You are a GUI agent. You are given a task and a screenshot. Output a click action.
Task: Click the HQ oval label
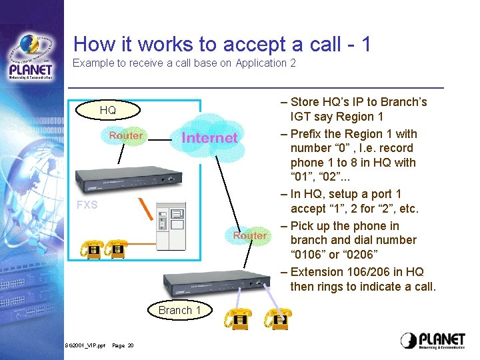(x=108, y=110)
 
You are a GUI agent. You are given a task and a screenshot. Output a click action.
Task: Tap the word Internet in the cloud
(x=209, y=138)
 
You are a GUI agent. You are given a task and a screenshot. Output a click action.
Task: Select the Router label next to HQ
(x=125, y=135)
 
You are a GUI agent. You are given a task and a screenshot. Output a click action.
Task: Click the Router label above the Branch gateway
(x=250, y=236)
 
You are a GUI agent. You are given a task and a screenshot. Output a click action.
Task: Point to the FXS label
(x=87, y=205)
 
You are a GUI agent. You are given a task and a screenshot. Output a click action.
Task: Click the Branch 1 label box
(x=179, y=310)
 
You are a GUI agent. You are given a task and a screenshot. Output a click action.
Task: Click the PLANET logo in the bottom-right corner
(x=433, y=340)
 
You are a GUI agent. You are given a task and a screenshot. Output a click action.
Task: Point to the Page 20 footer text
(x=123, y=345)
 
